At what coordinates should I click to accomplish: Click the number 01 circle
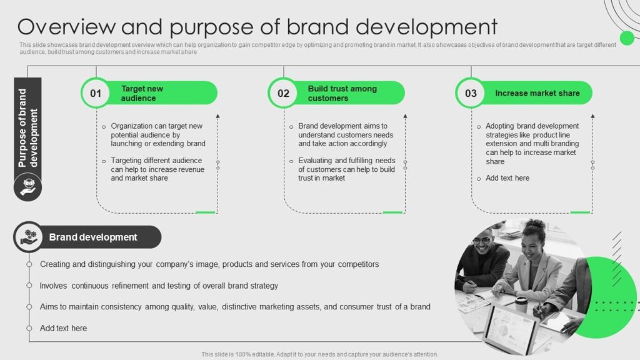[96, 93]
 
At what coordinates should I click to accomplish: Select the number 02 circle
[283, 93]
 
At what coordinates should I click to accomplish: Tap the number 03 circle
[471, 93]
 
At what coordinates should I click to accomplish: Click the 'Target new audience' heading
[142, 93]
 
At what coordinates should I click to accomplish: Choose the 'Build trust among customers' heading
[342, 93]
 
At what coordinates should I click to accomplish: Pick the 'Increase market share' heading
[537, 93]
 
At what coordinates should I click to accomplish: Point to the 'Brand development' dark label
[93, 237]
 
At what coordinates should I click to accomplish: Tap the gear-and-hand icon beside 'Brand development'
[29, 237]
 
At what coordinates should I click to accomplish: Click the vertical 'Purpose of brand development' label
[27, 128]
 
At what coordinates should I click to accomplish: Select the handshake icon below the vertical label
[27, 186]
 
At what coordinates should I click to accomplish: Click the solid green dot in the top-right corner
[626, 38]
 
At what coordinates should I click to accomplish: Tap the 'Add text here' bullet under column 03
[507, 178]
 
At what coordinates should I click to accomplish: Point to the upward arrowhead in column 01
[217, 116]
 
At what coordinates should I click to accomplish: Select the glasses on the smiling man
[481, 241]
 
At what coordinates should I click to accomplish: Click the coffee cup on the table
[521, 304]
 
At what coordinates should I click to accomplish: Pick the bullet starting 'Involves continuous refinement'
[159, 286]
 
